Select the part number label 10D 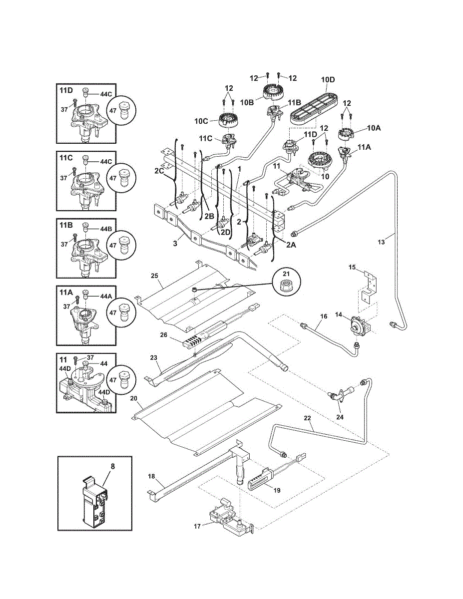(x=328, y=80)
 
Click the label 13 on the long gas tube (x=381, y=242)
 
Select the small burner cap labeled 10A (x=347, y=133)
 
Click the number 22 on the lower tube (x=307, y=418)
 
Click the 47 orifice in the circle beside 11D (x=123, y=109)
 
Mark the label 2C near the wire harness (x=159, y=171)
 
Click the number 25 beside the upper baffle (x=155, y=275)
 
